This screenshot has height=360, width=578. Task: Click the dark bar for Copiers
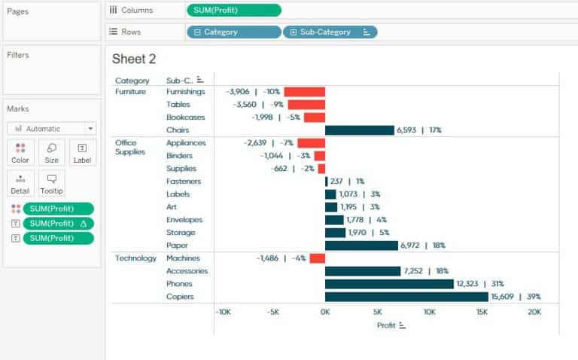click(406, 297)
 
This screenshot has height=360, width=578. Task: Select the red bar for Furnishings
click(304, 92)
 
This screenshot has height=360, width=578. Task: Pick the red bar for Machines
click(317, 258)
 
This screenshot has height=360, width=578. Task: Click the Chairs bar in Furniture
click(359, 130)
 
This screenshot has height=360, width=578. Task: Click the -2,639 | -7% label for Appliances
click(269, 143)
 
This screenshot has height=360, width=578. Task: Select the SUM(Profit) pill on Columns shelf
click(233, 10)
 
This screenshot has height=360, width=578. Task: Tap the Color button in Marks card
click(20, 153)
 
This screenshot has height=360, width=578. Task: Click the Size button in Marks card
click(52, 153)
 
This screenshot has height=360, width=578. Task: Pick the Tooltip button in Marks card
click(52, 184)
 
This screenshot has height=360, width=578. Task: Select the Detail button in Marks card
click(20, 184)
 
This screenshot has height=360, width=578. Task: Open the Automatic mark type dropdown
click(52, 129)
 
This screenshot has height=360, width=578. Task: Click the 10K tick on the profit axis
click(429, 312)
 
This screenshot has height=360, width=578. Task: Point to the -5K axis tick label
click(274, 312)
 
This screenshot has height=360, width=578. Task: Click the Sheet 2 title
click(134, 59)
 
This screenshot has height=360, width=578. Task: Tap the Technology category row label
click(135, 258)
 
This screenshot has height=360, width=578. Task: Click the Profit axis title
click(386, 325)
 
